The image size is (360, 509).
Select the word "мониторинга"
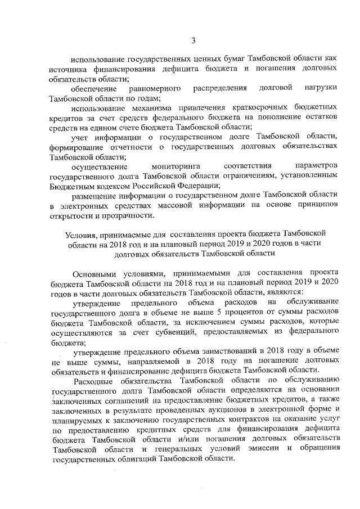[176, 166]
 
